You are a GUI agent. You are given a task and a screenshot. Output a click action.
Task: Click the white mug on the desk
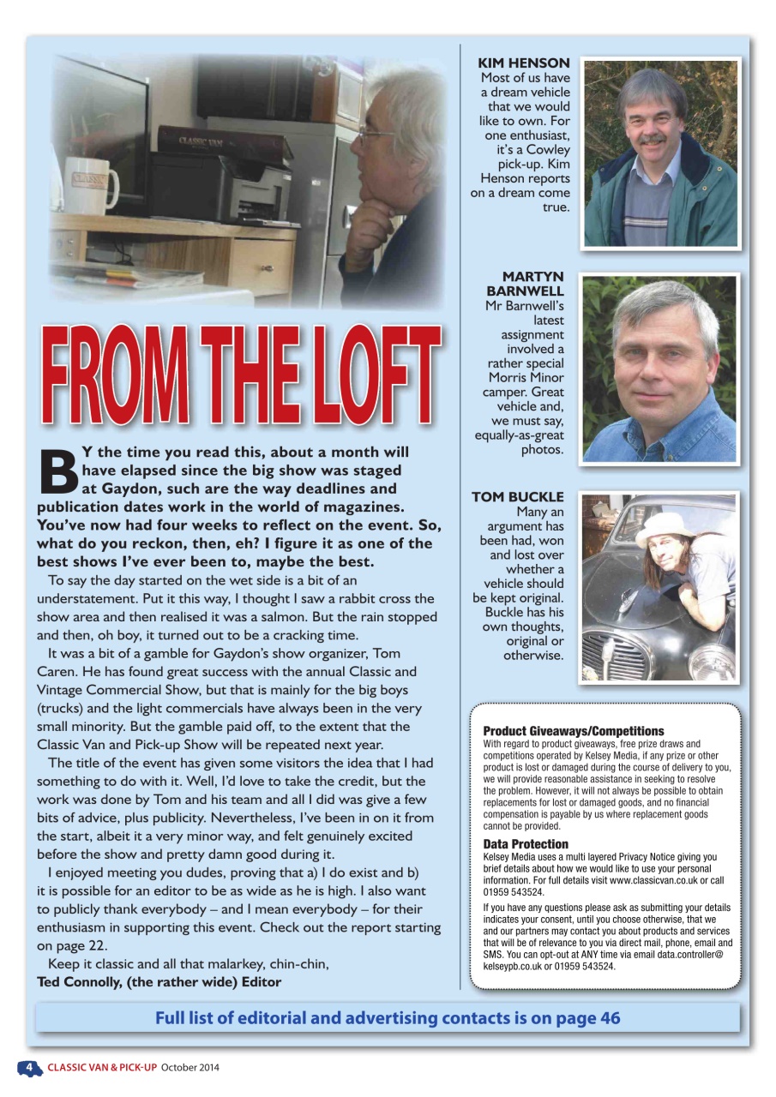[91, 184]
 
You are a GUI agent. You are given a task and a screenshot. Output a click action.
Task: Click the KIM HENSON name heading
[523, 63]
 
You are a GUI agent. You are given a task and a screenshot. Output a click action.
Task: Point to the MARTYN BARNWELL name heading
[532, 284]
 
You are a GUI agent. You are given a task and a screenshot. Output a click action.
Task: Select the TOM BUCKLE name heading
[518, 497]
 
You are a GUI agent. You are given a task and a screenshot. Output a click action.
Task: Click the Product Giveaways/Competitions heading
[574, 731]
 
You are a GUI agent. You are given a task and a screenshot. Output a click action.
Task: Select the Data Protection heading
[526, 844]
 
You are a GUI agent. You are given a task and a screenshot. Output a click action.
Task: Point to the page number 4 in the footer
[29, 1067]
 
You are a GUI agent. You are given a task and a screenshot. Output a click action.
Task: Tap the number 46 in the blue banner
[610, 1018]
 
